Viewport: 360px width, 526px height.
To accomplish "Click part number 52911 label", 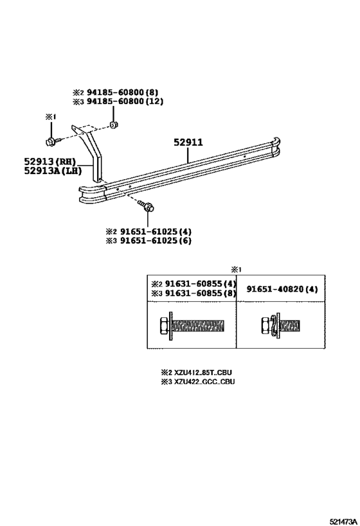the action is pyautogui.click(x=188, y=142).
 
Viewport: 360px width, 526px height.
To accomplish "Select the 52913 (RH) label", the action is pyautogui.click(x=50, y=161).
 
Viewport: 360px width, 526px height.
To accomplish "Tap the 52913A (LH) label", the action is pyautogui.click(x=53, y=171).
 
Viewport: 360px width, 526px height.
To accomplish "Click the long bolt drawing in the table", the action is pyautogui.click(x=192, y=325).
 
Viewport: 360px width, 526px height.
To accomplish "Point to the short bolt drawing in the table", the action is pyautogui.click(x=280, y=325).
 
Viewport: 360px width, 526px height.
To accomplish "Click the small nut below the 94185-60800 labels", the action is pyautogui.click(x=114, y=125).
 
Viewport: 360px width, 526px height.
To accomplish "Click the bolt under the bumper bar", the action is pyautogui.click(x=147, y=206).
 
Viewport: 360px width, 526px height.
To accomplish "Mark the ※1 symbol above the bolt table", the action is pyautogui.click(x=236, y=269).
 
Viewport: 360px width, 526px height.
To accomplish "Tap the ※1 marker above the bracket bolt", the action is pyautogui.click(x=50, y=116).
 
